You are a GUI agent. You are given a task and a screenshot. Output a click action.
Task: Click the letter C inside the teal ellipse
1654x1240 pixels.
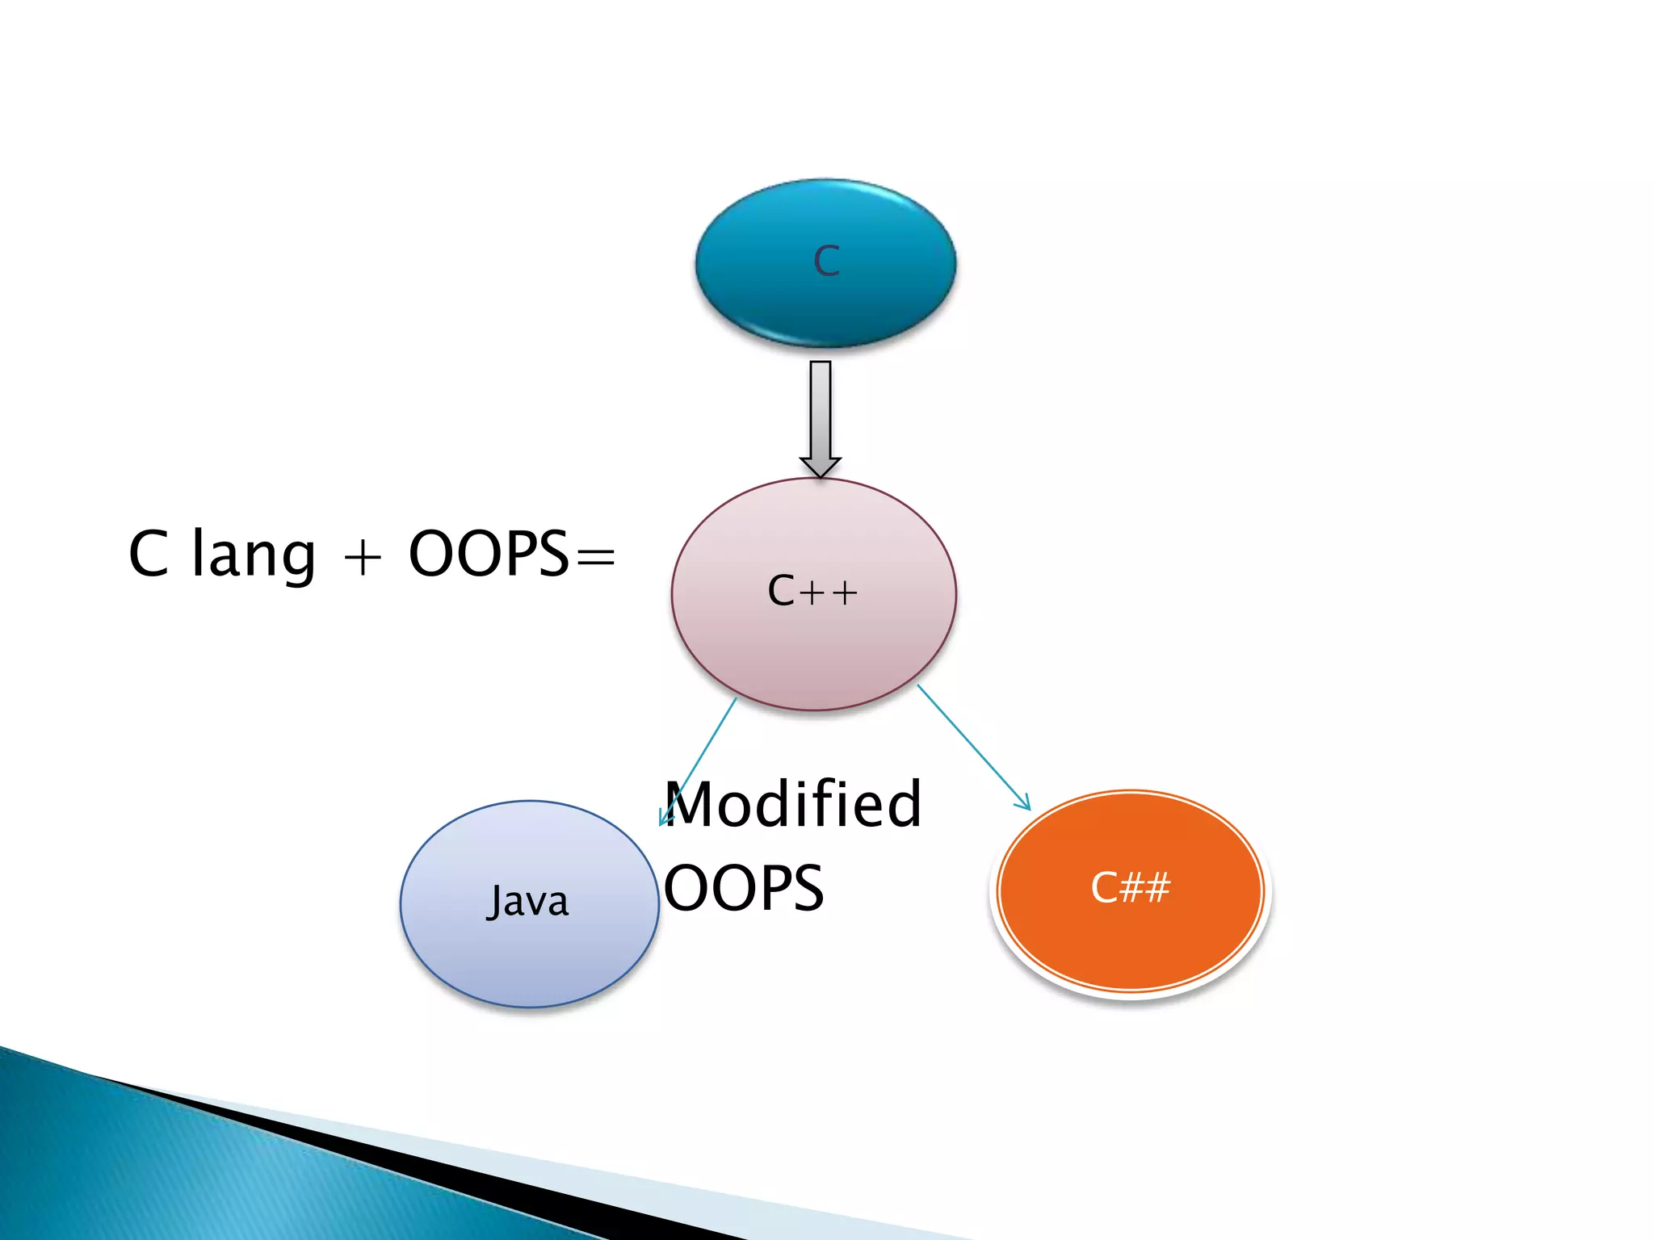pyautogui.click(x=826, y=262)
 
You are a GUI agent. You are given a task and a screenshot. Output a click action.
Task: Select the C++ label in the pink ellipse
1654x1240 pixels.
pyautogui.click(x=812, y=591)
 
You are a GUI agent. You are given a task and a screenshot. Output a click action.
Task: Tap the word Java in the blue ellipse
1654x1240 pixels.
pyautogui.click(x=528, y=901)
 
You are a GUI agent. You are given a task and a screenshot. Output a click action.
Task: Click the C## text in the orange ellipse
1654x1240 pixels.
pyautogui.click(x=1130, y=888)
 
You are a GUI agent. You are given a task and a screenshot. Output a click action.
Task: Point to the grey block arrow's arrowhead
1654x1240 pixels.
pyautogui.click(x=821, y=467)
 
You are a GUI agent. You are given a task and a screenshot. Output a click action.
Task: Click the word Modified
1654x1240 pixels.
pyautogui.click(x=792, y=805)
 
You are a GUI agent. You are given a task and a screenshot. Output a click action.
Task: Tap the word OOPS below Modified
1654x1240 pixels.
pyautogui.click(x=744, y=888)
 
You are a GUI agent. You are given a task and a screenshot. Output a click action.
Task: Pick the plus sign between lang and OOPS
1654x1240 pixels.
pyautogui.click(x=363, y=558)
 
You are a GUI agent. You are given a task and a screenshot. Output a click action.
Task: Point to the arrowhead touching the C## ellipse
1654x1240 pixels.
pyautogui.click(x=1024, y=802)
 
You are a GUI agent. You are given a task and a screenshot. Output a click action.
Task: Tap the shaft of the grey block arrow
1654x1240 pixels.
pyautogui.click(x=821, y=408)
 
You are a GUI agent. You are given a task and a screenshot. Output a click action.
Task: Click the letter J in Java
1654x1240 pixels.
pyautogui.click(x=494, y=903)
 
